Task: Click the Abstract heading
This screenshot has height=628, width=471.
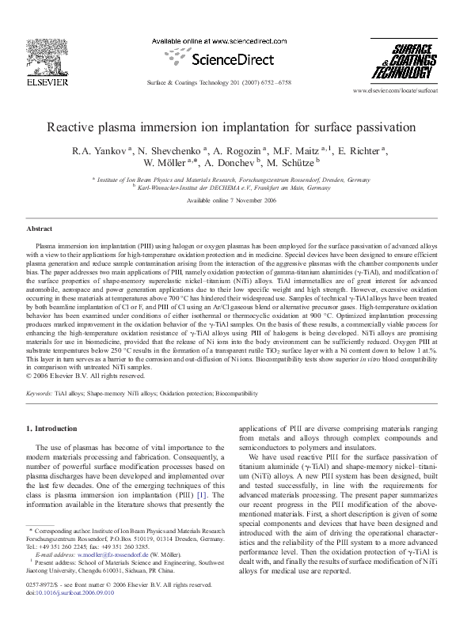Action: tap(40, 228)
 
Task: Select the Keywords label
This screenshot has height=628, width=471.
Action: tap(40, 392)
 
